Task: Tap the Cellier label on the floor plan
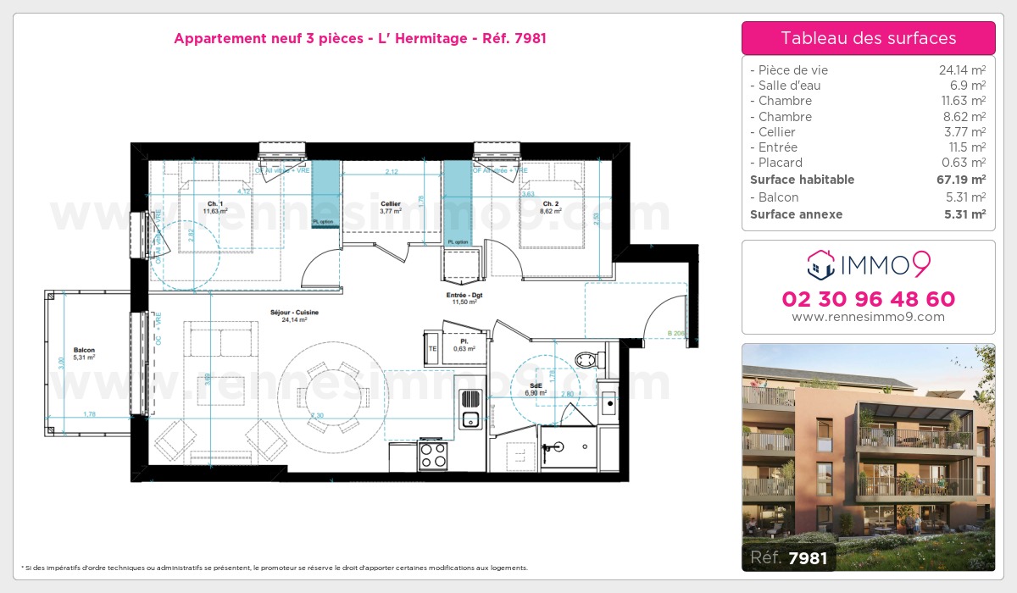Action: (x=391, y=204)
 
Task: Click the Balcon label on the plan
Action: (x=84, y=351)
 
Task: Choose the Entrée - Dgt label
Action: (x=464, y=296)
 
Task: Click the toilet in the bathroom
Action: (x=588, y=358)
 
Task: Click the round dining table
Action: (x=324, y=387)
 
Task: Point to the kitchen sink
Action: (x=470, y=418)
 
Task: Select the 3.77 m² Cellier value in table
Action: (x=967, y=132)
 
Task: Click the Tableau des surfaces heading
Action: (x=868, y=38)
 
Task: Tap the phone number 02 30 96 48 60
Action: (x=868, y=299)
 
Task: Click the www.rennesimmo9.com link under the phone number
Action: (x=868, y=317)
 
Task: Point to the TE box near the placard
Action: (x=432, y=348)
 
